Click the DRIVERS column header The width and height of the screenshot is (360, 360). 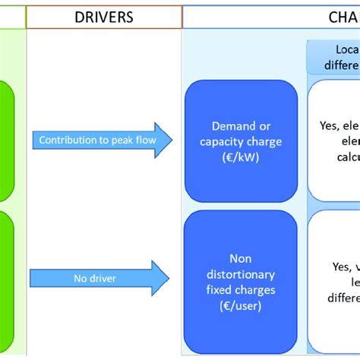click(103, 17)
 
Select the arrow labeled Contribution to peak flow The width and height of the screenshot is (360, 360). click(103, 140)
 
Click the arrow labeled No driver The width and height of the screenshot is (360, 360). click(103, 279)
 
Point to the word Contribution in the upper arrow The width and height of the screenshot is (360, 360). click(65, 140)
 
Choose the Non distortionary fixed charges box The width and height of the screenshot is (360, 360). click(240, 274)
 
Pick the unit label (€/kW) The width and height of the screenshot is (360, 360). click(240, 157)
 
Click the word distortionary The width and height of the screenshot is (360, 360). click(240, 273)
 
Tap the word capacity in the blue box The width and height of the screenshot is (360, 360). click(226, 142)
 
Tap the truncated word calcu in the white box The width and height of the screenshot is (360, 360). click(348, 157)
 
